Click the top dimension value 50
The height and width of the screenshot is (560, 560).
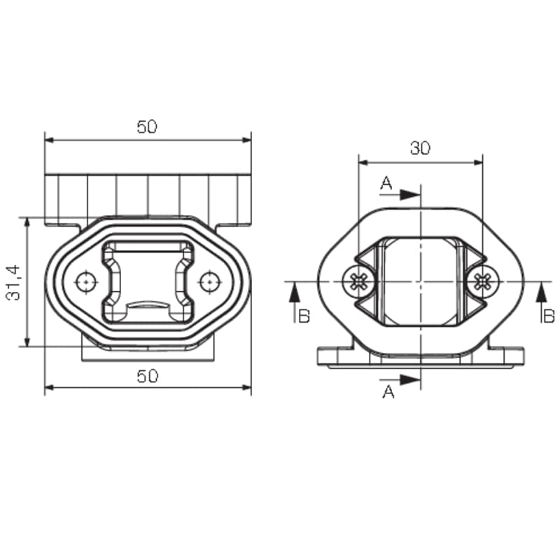pos(147,127)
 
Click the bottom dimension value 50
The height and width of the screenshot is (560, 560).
pos(147,376)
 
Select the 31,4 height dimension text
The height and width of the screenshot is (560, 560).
pos(13,283)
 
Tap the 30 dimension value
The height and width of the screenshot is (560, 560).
pos(421,148)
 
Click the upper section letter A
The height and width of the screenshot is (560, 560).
pos(386,183)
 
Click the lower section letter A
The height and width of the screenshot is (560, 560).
pos(388,392)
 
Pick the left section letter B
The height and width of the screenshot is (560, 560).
pos(304,316)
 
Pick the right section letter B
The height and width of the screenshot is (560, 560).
pos(549,316)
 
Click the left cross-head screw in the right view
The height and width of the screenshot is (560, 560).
pos(358,282)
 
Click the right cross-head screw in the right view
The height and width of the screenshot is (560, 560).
pos(482,282)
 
